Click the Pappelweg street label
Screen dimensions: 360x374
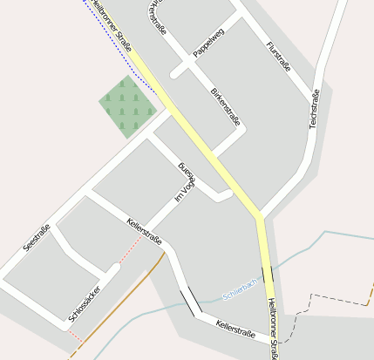208,44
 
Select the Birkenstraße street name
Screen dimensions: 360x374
225,106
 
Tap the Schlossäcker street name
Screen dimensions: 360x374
84,302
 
